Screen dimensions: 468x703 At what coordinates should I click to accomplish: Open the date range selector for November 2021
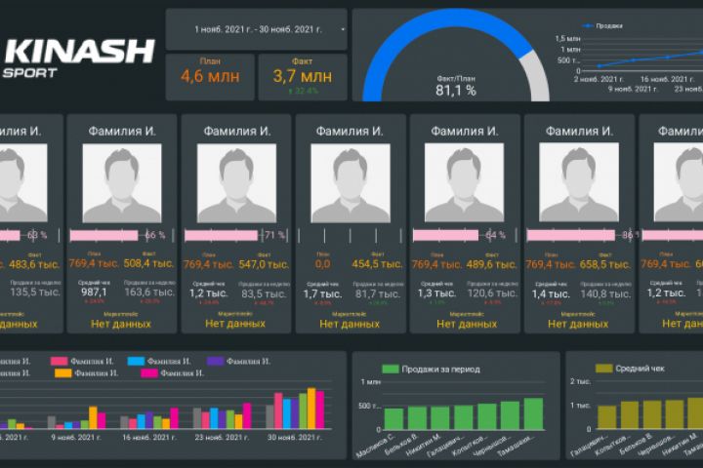(258, 30)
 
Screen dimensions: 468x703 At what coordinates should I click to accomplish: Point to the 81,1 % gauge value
(456, 91)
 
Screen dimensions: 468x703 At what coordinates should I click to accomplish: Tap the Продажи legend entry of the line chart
(609, 26)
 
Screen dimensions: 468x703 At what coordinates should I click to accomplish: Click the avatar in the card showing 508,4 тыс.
(121, 183)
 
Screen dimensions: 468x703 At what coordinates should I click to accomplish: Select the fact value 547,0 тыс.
(264, 264)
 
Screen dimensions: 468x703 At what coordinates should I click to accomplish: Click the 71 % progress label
(274, 235)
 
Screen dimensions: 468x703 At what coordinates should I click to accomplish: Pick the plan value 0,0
(322, 264)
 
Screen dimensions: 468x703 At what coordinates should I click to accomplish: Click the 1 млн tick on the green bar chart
(366, 381)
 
